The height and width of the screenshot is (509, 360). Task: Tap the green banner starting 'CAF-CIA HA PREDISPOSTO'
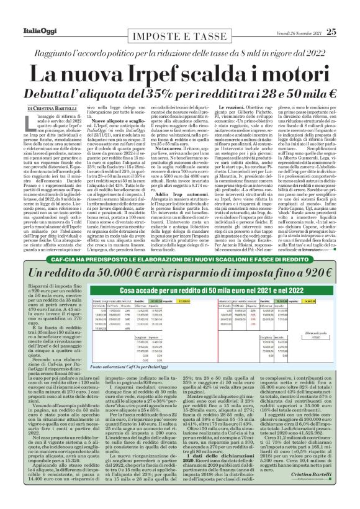click(x=179, y=261)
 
